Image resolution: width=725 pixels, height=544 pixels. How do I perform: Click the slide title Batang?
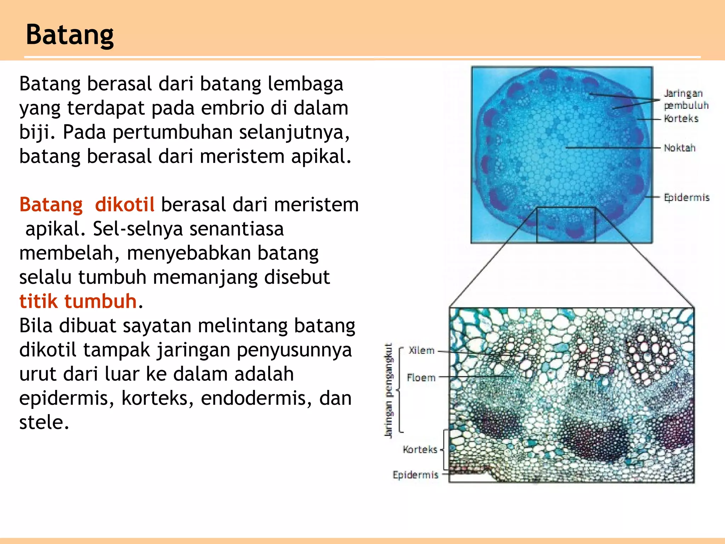click(x=70, y=35)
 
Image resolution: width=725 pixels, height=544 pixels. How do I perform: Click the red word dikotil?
click(x=125, y=205)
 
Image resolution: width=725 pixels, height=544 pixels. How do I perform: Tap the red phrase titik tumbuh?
click(x=78, y=301)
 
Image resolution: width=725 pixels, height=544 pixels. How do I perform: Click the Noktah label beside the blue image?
click(x=679, y=148)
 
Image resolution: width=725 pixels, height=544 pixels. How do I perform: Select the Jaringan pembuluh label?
click(x=685, y=100)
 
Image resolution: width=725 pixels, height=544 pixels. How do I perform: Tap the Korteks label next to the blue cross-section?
click(x=681, y=119)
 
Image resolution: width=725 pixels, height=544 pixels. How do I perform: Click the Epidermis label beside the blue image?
click(x=686, y=198)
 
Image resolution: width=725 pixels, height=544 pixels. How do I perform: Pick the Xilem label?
click(x=421, y=351)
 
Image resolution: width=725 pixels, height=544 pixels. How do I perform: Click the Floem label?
click(x=421, y=378)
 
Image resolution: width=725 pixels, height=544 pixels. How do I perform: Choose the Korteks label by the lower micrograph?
click(x=420, y=450)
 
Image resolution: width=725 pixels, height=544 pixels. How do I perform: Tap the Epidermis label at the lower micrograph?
click(x=415, y=475)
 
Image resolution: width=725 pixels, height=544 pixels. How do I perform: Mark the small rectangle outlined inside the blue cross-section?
click(x=566, y=225)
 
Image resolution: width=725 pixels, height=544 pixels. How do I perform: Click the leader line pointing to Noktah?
click(x=612, y=147)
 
